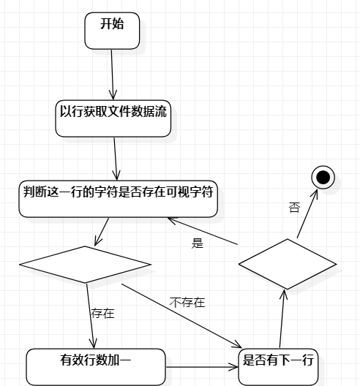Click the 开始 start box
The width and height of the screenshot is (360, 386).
[112, 31]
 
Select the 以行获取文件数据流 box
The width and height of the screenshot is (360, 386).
[113, 118]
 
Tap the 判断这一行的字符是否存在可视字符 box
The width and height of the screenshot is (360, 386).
[119, 199]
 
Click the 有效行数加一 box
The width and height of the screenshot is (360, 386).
[96, 367]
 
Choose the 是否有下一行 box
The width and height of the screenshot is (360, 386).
[278, 367]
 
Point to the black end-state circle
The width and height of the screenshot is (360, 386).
[323, 177]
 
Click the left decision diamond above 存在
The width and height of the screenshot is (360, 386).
[85, 265]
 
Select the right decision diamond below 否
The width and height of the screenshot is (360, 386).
[288, 264]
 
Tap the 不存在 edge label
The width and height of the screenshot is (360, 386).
[187, 303]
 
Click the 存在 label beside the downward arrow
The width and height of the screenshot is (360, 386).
[102, 314]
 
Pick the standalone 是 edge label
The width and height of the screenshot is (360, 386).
[198, 243]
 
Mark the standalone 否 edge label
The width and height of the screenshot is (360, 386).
[294, 208]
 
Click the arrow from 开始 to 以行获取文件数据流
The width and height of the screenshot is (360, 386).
[113, 75]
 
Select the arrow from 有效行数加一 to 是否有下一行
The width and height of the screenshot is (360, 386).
[202, 367]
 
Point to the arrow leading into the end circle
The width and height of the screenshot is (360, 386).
[307, 213]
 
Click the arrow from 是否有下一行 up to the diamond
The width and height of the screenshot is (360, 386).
[282, 319]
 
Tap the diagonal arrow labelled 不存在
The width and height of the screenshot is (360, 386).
[181, 316]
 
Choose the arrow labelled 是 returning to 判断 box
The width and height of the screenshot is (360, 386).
[203, 231]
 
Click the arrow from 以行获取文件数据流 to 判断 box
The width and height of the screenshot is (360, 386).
[116, 159]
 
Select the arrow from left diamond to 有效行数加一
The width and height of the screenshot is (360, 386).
[90, 316]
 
